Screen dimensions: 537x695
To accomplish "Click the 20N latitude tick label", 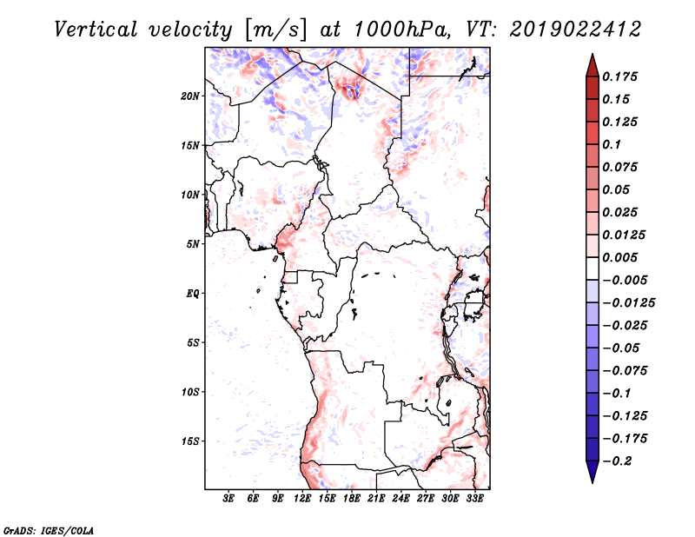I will coord(191,96).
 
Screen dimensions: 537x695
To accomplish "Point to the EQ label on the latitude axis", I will coord(193,294).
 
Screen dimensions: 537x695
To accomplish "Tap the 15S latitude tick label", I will coord(191,441).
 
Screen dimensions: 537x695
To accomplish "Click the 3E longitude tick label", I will coord(229,500).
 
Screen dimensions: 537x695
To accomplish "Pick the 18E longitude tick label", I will coord(352,500).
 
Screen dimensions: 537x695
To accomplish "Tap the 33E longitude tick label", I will coord(475,500).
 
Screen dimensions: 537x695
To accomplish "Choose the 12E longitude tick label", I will coord(302,500).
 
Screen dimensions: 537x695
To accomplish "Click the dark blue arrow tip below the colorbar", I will coord(592,479).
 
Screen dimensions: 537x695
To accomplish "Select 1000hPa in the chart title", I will coord(397,29).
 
